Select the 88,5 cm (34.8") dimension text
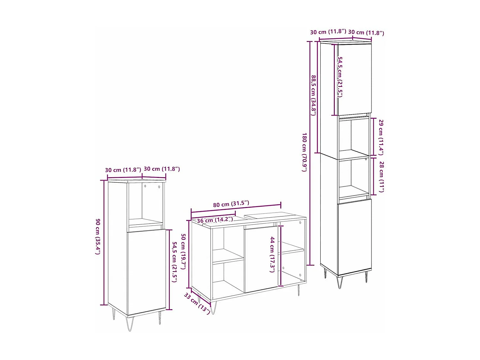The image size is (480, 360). [x=314, y=95]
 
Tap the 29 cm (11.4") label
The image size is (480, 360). [x=381, y=137]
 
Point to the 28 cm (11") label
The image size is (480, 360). [x=381, y=177]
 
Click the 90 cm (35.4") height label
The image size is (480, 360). [x=98, y=236]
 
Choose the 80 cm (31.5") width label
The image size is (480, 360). [x=231, y=204]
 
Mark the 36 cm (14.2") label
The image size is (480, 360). [x=215, y=220]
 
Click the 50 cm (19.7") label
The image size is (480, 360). [x=183, y=251]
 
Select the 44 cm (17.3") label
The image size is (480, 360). [x=272, y=254]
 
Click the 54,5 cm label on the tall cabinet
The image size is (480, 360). [x=340, y=77]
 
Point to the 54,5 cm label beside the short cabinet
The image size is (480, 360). [x=175, y=261]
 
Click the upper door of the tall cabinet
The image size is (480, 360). [x=355, y=79]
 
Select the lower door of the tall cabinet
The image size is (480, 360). [x=355, y=237]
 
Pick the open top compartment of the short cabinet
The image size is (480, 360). [x=146, y=203]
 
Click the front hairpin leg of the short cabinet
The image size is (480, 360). [x=130, y=323]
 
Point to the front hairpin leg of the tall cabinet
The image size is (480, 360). [x=340, y=282]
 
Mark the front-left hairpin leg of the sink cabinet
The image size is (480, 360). [x=213, y=308]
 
